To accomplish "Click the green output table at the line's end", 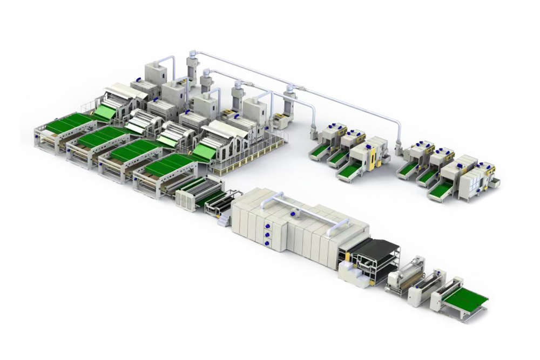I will coord(465,300).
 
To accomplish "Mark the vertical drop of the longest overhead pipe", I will coord(400,135).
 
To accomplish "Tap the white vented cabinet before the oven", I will coord(185,199).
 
